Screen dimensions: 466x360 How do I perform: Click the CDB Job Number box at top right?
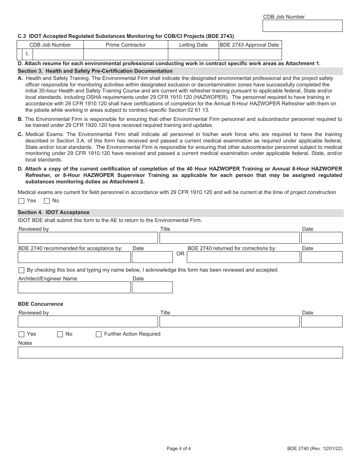(x=302, y=26)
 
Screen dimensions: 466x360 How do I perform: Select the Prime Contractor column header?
(x=125, y=45)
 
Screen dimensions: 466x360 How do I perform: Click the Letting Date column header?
(x=193, y=45)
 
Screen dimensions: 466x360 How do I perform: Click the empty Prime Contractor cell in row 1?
(x=125, y=54)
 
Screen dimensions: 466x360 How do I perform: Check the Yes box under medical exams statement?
(x=22, y=201)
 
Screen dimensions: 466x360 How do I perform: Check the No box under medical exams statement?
(x=47, y=201)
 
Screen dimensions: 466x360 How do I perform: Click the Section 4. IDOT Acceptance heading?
(x=53, y=212)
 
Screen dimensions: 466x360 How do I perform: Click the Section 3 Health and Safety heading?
(x=95, y=71)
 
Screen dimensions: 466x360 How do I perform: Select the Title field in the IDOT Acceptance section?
(x=229, y=238)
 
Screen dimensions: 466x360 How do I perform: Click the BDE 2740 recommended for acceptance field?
(x=74, y=257)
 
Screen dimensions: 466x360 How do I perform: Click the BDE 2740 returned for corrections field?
(x=243, y=257)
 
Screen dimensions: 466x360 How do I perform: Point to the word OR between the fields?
(x=180, y=253)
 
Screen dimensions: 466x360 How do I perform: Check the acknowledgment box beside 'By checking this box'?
(x=22, y=271)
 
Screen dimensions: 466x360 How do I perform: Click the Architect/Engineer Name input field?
(x=74, y=288)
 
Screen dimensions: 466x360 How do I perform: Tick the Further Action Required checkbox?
(x=99, y=334)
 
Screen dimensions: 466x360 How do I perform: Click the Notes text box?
(x=180, y=353)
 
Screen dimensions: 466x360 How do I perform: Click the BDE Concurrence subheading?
(x=41, y=304)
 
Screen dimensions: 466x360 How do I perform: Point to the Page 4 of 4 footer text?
(x=178, y=449)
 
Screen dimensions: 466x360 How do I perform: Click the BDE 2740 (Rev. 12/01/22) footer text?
(x=315, y=449)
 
